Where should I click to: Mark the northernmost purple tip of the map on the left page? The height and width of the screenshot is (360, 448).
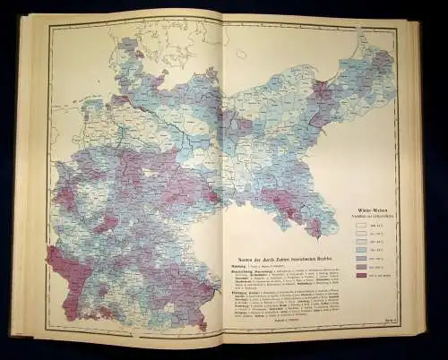point(135,42)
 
